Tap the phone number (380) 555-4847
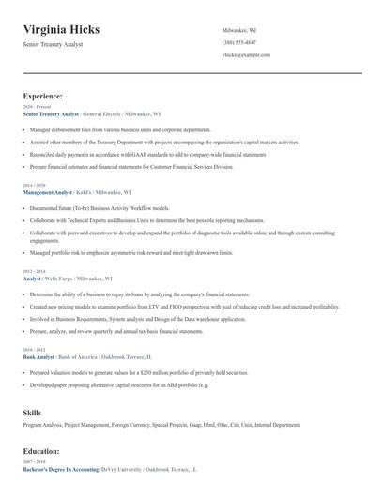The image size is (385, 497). click(x=240, y=42)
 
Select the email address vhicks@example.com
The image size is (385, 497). click(x=246, y=55)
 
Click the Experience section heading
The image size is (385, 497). click(x=42, y=96)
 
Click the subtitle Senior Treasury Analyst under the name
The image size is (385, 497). click(x=59, y=44)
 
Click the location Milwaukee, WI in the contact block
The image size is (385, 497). click(x=239, y=30)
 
